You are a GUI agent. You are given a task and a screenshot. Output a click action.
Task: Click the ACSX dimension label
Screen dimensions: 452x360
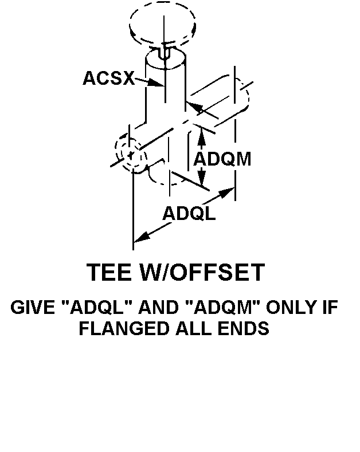point(108,78)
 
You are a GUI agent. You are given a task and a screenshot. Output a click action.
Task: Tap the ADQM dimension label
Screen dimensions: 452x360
point(222,159)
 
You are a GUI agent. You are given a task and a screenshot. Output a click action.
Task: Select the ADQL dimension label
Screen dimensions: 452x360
point(189,214)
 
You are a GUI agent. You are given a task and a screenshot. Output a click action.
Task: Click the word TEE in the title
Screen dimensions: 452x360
point(109,273)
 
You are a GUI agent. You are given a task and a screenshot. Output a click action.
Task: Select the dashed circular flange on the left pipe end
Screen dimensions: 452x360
point(131,152)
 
